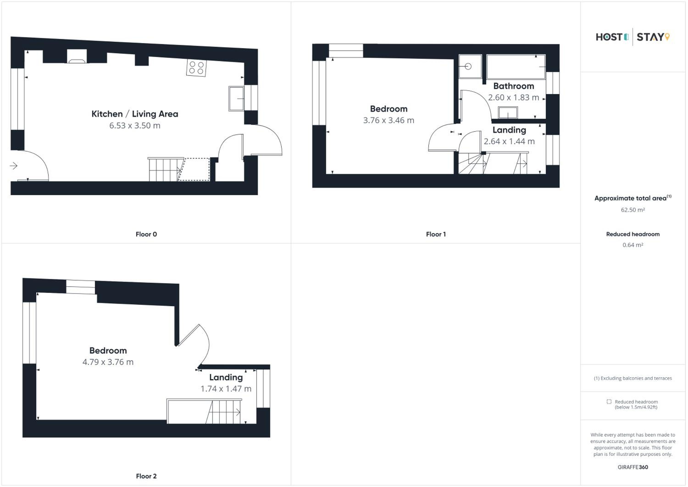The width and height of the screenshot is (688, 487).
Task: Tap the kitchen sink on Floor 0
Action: (x=236, y=99)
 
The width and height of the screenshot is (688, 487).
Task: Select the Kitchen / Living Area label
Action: (x=135, y=114)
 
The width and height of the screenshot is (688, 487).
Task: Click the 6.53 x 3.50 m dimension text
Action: (x=135, y=126)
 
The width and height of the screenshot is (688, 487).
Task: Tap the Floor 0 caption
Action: (x=146, y=234)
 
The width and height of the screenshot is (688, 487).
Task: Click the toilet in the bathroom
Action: (x=470, y=66)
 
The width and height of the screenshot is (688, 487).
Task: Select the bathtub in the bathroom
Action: (x=516, y=67)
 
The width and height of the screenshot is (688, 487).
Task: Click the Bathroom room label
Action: (x=514, y=86)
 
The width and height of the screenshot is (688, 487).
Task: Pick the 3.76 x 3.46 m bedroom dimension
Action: (x=389, y=120)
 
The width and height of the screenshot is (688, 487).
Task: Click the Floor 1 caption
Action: (x=436, y=234)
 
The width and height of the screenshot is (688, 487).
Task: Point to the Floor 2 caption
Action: (x=146, y=476)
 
